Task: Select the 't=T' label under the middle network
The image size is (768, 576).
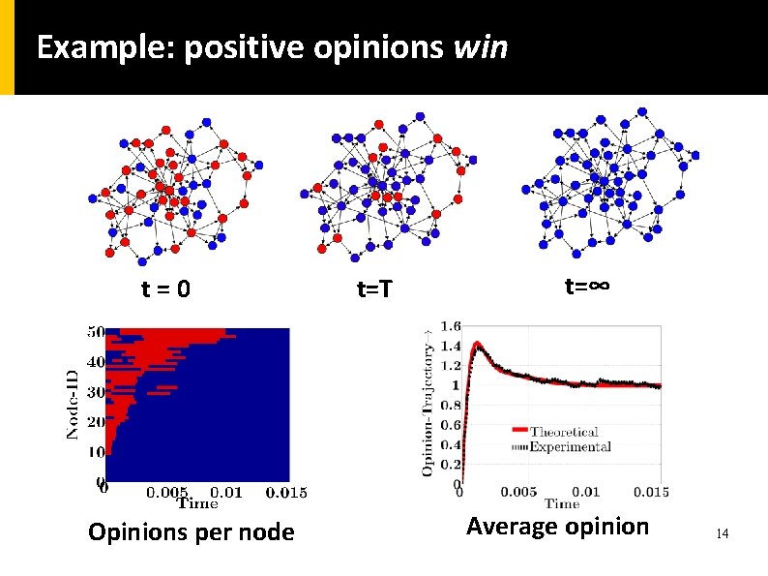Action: pyautogui.click(x=375, y=288)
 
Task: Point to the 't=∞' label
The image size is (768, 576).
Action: pyautogui.click(x=586, y=287)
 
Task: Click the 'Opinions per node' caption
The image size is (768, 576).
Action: pyautogui.click(x=191, y=531)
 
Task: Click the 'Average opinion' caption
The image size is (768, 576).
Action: pyautogui.click(x=557, y=527)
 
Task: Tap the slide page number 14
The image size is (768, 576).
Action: pyautogui.click(x=721, y=533)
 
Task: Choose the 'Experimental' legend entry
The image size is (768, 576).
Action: pyautogui.click(x=576, y=446)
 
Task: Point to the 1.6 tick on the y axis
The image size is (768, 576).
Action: pyautogui.click(x=451, y=326)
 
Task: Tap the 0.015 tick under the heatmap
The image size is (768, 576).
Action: pyautogui.click(x=285, y=492)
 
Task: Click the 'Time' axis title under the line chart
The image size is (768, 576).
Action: pyautogui.click(x=562, y=503)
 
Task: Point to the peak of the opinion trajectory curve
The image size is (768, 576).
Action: pyautogui.click(x=477, y=343)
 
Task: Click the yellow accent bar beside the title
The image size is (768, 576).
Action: pyautogui.click(x=7, y=47)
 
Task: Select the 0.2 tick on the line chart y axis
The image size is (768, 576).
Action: pyautogui.click(x=451, y=465)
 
